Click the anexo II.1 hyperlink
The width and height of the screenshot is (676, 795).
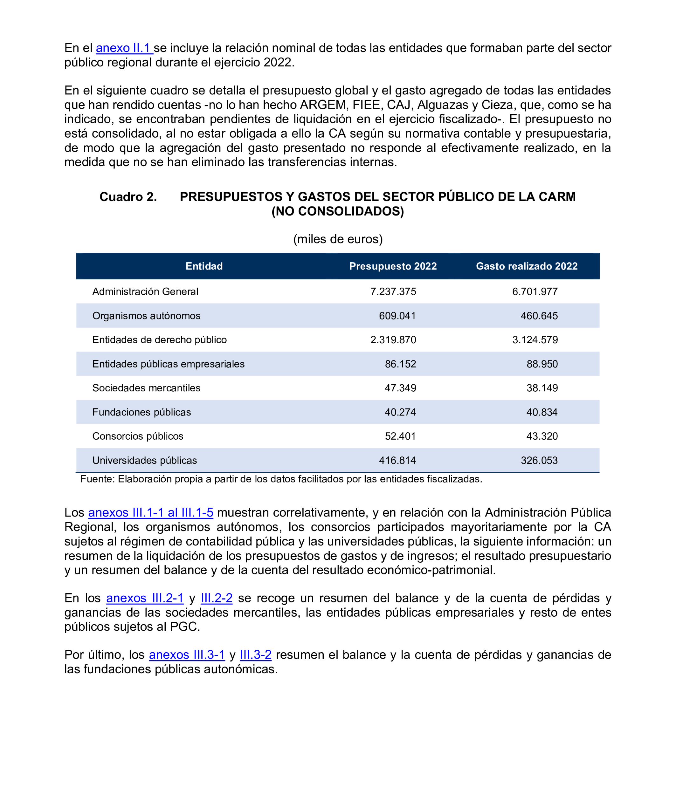124,48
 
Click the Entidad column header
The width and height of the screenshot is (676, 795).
204,266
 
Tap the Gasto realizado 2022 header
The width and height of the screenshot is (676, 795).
527,266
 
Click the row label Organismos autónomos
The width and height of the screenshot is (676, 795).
146,316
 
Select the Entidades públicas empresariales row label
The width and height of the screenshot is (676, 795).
168,364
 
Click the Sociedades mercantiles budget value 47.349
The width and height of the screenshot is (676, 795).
400,388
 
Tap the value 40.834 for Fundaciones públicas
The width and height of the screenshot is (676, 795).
542,412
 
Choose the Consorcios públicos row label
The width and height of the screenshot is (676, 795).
138,436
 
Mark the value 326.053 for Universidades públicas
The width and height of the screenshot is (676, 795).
539,461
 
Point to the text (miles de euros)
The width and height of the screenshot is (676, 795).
338,239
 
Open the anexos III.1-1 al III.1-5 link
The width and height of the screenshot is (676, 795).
151,513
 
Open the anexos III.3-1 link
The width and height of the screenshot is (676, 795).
187,655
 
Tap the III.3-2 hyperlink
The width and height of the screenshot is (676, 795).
256,655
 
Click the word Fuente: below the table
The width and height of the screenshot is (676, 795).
97,479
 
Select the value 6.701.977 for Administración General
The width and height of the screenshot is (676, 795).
535,291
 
